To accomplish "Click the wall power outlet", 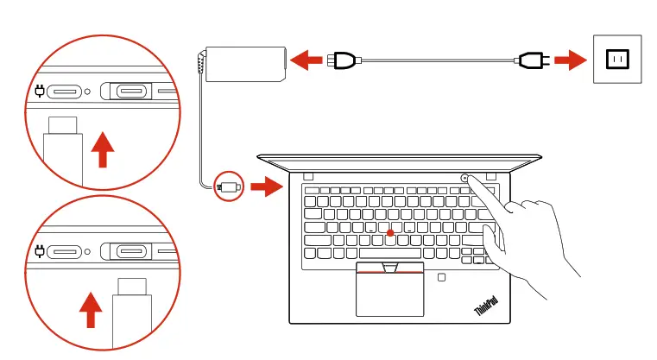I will coord(617,60).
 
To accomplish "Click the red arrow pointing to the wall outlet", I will coord(566,60).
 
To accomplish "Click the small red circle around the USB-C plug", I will coord(230,185).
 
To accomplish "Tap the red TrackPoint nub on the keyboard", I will coord(391,232).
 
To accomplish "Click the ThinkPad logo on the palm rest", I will coord(485,305).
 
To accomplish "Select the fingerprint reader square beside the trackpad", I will coord(441,278).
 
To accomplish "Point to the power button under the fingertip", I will coord(465,178).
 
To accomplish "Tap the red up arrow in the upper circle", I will coord(103,148).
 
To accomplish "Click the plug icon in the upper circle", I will coord(39,91).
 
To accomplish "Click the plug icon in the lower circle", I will coord(39,251).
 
